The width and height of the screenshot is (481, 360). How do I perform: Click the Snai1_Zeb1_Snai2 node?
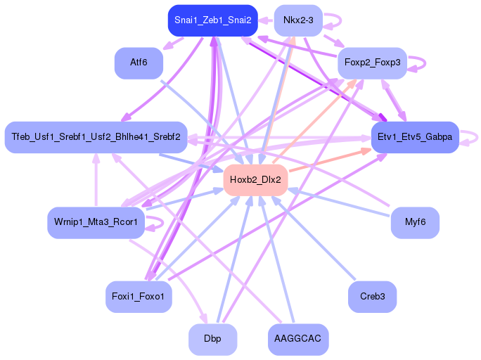[212, 20]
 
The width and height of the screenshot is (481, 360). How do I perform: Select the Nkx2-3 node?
[298, 20]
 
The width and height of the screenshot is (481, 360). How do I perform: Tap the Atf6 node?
[139, 63]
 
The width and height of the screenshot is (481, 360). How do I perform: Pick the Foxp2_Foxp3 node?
[372, 63]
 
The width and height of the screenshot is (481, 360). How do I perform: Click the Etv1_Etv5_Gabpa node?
[415, 137]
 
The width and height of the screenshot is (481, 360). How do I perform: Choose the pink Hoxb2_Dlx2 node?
[255, 180]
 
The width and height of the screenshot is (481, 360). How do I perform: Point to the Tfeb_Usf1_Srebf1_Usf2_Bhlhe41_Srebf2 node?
[96, 137]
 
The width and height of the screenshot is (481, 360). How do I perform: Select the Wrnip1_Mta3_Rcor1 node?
[96, 222]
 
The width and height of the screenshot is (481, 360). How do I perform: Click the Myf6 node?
[415, 222]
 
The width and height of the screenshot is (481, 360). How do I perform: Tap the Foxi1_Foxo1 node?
[139, 297]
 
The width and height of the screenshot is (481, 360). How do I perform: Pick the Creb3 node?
[372, 297]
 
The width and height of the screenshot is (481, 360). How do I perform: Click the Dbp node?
[212, 339]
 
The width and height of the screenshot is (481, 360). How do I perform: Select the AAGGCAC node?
[298, 339]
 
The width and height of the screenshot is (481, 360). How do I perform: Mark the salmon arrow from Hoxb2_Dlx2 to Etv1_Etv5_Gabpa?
[331, 160]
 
